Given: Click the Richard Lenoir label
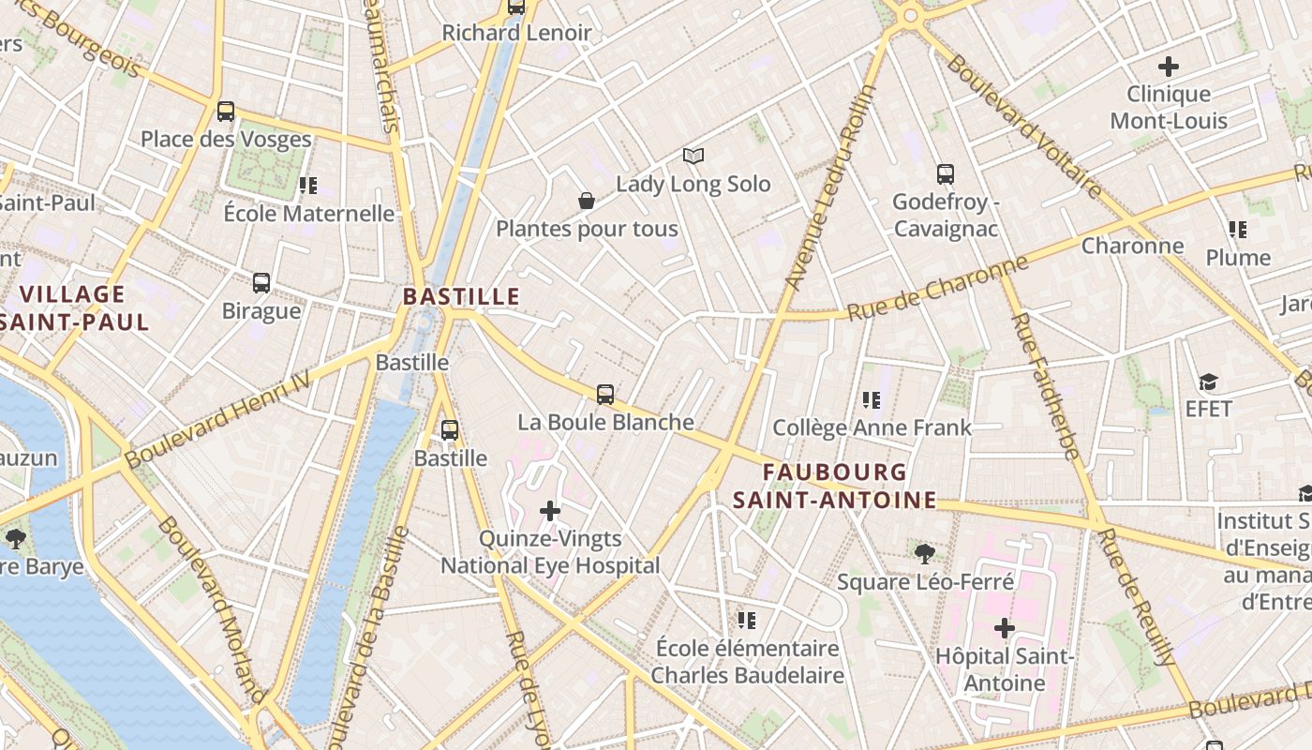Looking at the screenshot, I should [516, 33].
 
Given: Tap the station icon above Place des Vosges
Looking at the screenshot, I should [226, 112].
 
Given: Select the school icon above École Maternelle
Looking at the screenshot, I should [308, 186].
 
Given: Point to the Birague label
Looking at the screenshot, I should [261, 310].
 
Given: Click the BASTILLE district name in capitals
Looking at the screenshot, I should [461, 296].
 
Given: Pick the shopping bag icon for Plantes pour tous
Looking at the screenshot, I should [587, 201].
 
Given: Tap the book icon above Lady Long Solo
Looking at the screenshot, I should [693, 156].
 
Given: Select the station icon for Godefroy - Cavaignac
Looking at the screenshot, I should [945, 174].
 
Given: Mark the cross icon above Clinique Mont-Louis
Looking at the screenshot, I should [1168, 67].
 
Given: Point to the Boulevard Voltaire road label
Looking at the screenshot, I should [1023, 127].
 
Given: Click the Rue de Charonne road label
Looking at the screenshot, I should [937, 289].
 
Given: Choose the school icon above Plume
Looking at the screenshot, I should [1238, 230].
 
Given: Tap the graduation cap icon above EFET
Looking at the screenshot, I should [1208, 382].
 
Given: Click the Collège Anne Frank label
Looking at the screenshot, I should [872, 428].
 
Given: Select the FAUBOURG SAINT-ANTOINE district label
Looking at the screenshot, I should [834, 486].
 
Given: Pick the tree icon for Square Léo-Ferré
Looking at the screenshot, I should [925, 554].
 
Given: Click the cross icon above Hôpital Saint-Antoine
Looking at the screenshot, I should [1005, 627].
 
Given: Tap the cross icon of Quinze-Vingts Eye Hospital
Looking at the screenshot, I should [550, 511].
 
